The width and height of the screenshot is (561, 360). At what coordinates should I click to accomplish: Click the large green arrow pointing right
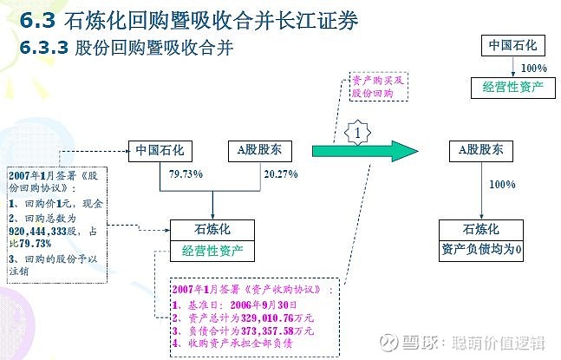pos(365,151)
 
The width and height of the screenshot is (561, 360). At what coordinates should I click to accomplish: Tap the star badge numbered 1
pos(357,133)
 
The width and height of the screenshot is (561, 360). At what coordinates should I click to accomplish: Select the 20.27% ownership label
pos(281,174)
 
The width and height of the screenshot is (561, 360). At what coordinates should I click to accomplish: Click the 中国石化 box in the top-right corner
pos(513,45)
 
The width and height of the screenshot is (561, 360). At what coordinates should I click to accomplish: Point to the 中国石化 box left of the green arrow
pos(160,151)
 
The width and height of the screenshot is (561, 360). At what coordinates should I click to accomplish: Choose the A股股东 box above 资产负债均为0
pos(481,151)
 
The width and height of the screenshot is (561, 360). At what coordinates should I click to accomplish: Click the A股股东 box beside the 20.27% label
pos(260,151)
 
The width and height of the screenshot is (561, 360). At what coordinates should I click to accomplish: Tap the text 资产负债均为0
pos(481,249)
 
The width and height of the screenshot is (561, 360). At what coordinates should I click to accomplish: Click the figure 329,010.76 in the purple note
pos(267,318)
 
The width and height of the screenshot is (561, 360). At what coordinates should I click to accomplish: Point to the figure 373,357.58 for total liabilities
pos(267,331)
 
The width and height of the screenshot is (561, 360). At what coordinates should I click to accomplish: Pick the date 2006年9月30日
pos(264,304)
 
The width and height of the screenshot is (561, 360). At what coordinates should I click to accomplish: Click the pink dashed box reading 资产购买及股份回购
pos(379,86)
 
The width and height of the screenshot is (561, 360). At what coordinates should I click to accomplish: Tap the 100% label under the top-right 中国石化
pos(534,68)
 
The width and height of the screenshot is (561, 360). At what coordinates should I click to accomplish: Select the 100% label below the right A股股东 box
pos(502,184)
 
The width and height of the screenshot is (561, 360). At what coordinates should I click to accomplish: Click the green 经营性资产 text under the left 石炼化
pos(212,251)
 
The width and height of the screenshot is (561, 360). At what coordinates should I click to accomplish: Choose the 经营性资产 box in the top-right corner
pos(513,88)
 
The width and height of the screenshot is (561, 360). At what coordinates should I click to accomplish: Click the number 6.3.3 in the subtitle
pos(43,48)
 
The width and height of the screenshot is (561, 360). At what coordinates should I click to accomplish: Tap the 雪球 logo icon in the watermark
pos(389,343)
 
